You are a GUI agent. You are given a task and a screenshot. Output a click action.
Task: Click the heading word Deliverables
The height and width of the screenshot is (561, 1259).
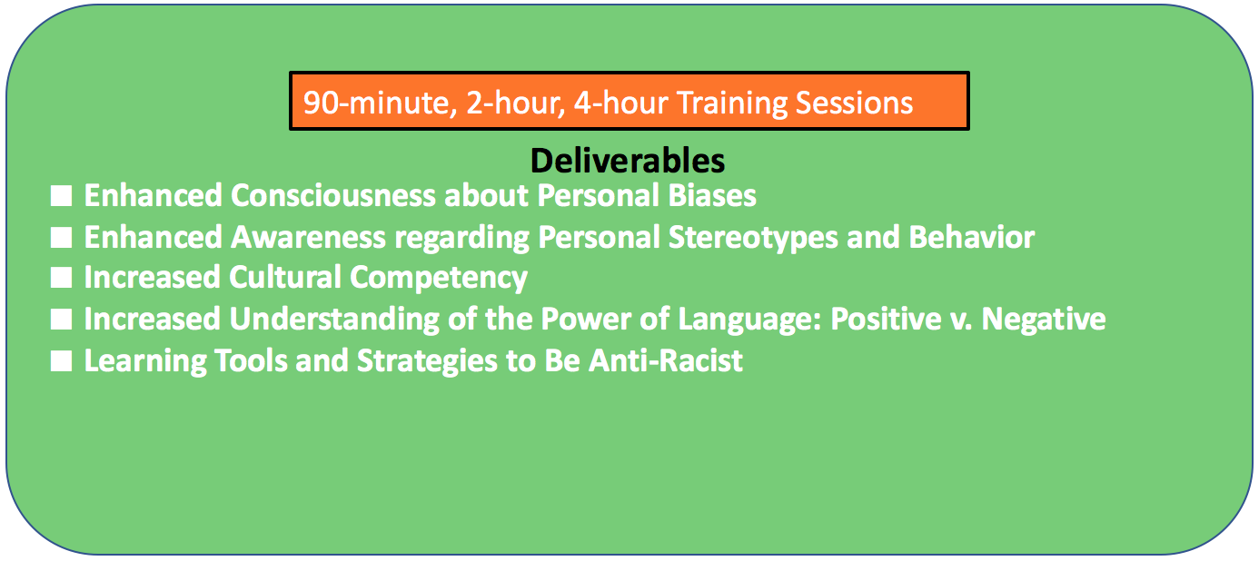[628, 161]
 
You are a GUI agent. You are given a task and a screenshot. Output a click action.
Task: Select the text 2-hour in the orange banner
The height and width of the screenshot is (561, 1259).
[515, 103]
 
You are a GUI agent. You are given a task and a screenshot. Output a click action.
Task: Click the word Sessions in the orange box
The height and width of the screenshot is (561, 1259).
[854, 103]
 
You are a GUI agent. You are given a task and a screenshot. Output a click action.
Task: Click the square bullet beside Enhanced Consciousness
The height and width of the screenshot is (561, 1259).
[61, 196]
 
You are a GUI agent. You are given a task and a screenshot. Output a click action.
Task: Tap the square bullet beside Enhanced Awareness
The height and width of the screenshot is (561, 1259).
[61, 238]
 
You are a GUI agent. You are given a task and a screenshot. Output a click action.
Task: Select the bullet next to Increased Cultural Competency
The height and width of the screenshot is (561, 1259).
[61, 278]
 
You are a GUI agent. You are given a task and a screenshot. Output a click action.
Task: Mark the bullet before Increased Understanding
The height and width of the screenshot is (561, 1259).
[61, 319]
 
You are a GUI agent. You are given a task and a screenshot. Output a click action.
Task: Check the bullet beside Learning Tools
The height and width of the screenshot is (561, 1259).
[61, 360]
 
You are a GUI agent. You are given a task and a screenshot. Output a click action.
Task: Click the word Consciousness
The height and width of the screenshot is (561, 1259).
[332, 195]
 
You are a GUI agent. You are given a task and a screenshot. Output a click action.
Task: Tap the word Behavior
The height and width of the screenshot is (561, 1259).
[972, 237]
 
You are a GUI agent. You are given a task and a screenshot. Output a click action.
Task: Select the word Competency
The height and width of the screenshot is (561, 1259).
[439, 279]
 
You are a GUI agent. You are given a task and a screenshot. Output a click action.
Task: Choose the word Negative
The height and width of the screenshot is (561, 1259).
[1044, 319]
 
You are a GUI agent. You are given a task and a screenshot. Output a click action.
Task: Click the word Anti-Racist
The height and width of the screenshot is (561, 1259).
[666, 360]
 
